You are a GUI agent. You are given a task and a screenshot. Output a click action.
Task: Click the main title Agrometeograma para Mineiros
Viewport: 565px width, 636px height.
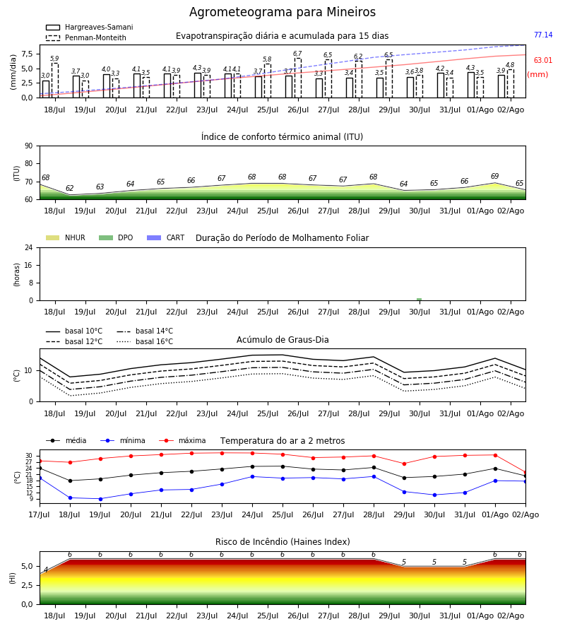coord(282,12)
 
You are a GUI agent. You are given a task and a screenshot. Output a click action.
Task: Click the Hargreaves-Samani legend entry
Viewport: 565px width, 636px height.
coord(89,27)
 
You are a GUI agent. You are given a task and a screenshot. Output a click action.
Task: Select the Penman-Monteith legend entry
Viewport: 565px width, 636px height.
coord(86,37)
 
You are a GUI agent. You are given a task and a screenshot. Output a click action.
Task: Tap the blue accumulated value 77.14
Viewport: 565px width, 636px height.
coord(543,35)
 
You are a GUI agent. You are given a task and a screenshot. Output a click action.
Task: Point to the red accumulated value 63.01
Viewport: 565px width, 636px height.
coord(543,61)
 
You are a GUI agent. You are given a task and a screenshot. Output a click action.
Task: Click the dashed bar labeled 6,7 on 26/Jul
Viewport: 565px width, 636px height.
coord(298,78)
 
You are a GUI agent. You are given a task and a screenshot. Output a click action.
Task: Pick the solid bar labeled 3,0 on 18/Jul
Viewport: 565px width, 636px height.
coord(46,89)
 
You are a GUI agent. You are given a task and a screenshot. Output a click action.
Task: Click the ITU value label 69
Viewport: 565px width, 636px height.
coord(495,176)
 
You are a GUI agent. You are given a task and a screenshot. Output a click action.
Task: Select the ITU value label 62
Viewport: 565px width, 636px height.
coord(70,188)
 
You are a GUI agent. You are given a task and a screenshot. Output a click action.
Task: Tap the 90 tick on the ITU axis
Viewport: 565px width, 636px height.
coord(29,146)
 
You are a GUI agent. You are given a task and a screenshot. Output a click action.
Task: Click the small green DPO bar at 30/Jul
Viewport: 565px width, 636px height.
coord(419,300)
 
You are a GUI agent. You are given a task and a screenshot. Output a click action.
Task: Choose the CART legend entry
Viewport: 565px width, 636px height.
coord(166,237)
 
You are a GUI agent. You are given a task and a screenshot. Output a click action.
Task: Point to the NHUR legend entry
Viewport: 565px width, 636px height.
coord(66,237)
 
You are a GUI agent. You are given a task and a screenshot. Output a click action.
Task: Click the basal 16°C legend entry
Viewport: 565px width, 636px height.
coord(145,341)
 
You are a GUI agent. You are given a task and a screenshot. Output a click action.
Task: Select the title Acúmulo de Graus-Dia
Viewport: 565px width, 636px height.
coord(282,340)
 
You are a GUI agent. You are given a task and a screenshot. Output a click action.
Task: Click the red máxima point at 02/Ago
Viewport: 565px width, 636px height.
coord(525,473)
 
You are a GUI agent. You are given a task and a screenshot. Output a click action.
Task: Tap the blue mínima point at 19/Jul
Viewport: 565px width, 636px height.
coord(100,499)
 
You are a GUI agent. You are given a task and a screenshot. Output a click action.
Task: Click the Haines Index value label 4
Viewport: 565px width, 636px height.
coord(46,570)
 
